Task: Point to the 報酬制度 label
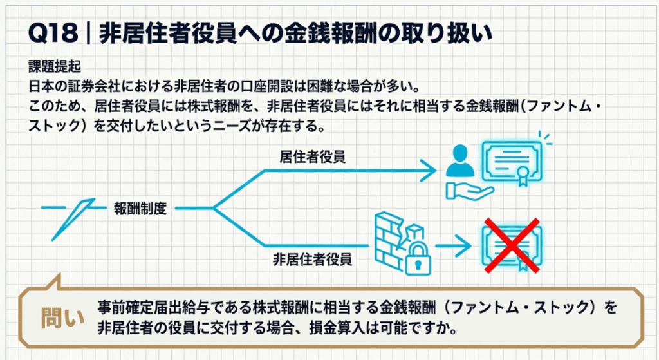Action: coord(140,208)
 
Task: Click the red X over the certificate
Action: coord(511,244)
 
